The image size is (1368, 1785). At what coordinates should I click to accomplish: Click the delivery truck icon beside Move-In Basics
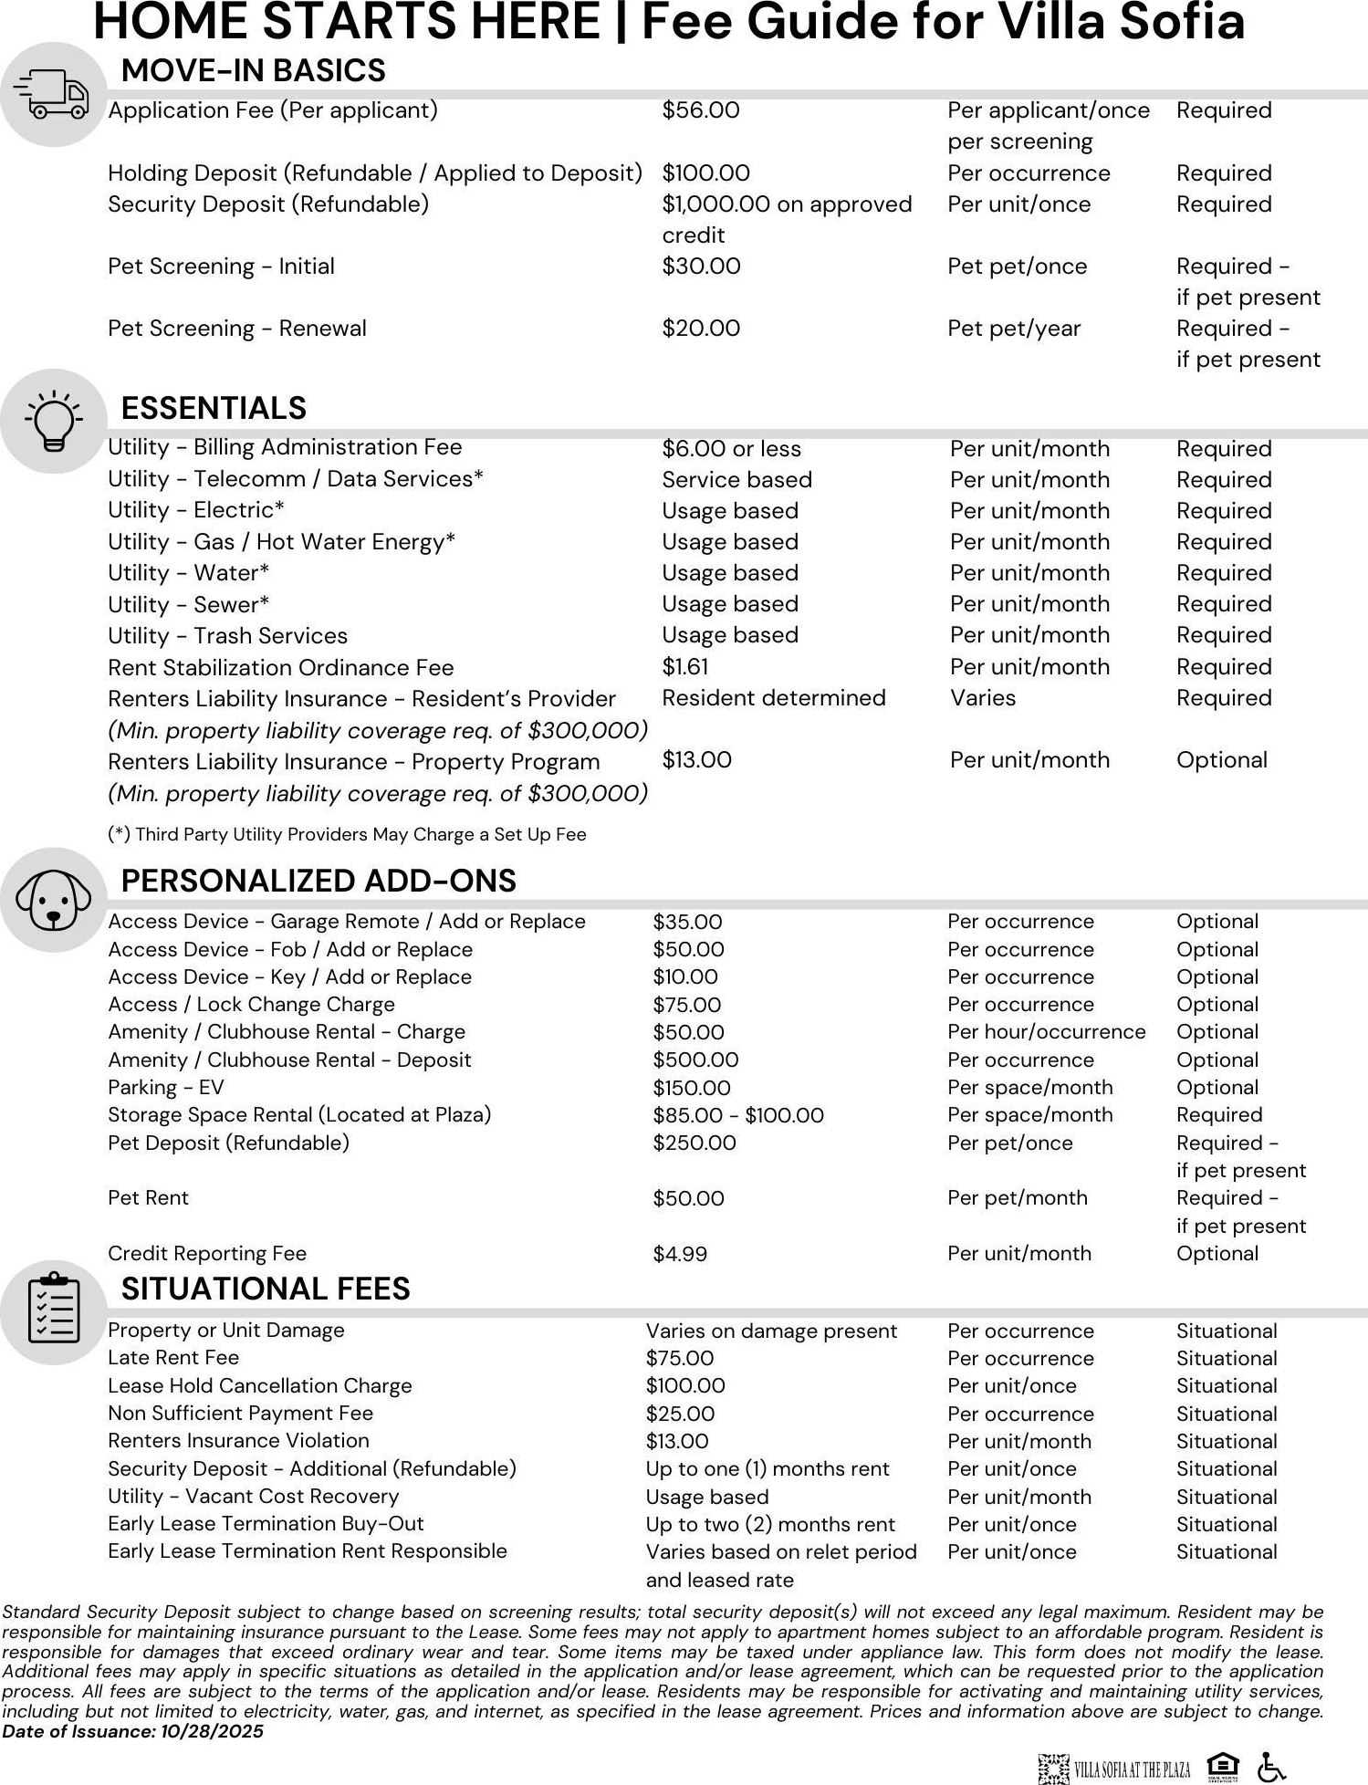(54, 95)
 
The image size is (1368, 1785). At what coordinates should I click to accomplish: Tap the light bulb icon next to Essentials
(54, 421)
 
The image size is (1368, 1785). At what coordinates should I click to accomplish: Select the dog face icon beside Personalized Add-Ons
(54, 900)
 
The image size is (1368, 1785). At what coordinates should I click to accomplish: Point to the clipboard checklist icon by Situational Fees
(54, 1311)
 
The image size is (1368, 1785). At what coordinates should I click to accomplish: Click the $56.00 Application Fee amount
(701, 110)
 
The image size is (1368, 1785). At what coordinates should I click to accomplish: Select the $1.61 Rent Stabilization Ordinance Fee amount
(685, 667)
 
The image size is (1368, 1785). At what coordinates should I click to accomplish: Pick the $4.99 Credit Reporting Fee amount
(680, 1254)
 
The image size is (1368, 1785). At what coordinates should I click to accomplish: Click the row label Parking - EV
(165, 1088)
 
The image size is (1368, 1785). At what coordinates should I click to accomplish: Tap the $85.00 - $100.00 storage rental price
(738, 1115)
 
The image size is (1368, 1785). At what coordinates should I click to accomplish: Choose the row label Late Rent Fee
(173, 1358)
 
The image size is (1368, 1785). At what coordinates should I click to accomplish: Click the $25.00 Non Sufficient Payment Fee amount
(680, 1414)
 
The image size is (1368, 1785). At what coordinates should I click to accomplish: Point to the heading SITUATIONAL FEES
(266, 1289)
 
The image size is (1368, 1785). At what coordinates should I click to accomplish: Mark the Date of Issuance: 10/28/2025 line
(132, 1731)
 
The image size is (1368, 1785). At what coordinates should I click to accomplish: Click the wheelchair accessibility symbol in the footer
(1271, 1768)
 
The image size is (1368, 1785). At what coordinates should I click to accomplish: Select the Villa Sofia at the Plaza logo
(1114, 1769)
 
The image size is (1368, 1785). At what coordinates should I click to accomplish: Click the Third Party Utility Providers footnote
(347, 834)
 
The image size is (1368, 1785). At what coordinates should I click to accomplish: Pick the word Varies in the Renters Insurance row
(983, 698)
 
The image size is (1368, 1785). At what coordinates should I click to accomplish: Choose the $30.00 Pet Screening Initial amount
(701, 266)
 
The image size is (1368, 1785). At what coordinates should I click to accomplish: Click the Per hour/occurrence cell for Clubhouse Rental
(1046, 1032)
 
